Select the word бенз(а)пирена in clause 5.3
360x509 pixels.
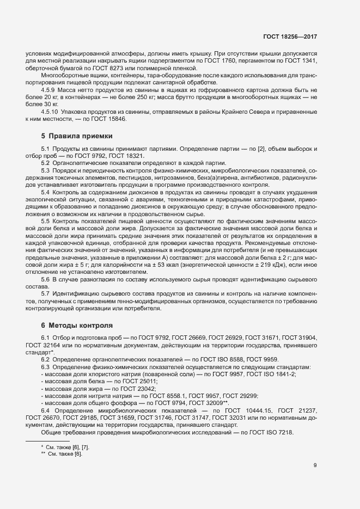coord(220,178)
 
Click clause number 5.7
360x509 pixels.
coord(46,293)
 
